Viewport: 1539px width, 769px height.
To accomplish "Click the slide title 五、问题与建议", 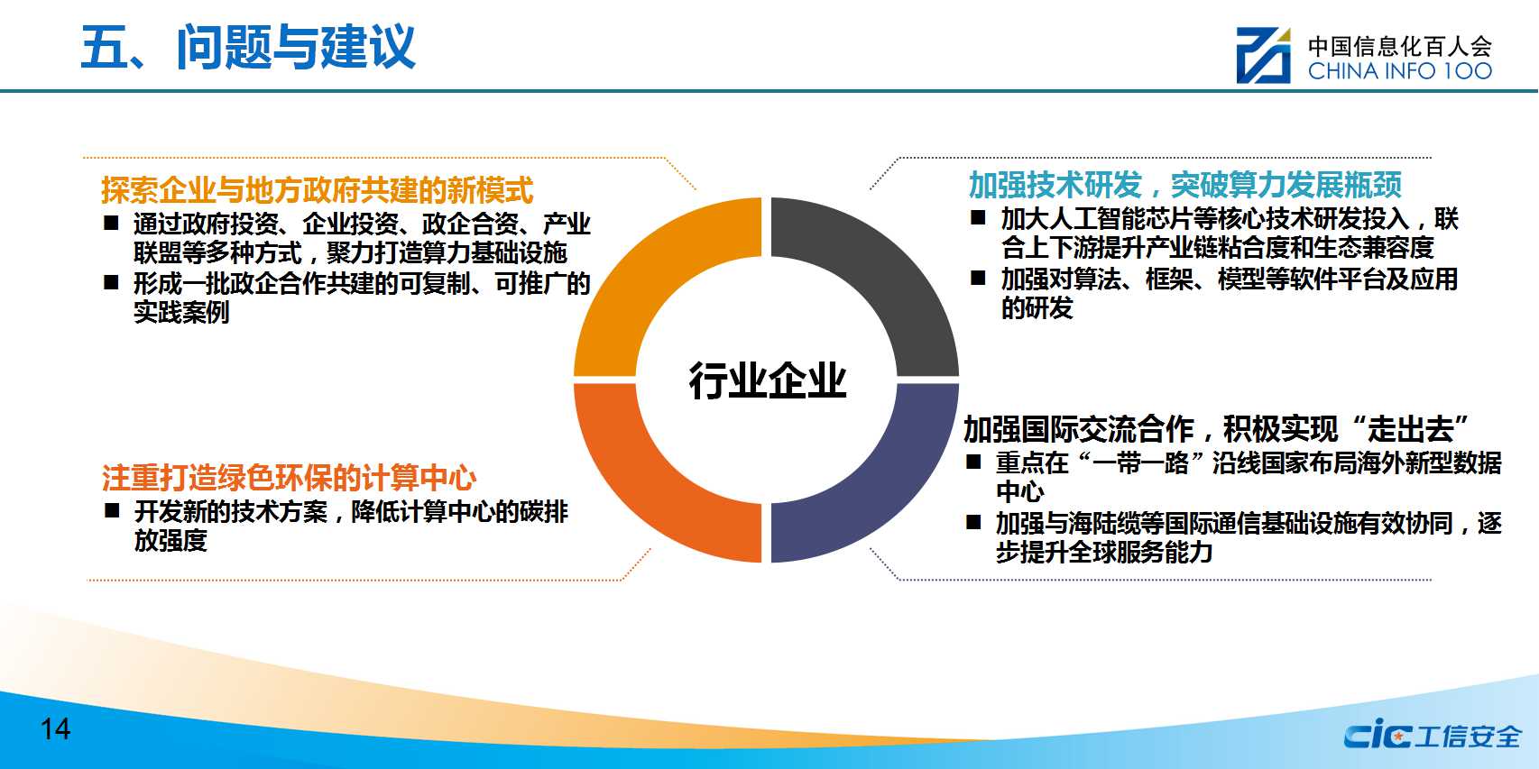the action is click(248, 47).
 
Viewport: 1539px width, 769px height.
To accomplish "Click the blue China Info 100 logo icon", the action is click(1263, 56).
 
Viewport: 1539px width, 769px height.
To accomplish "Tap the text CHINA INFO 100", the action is click(1399, 70).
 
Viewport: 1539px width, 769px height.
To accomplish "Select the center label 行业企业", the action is click(768, 380).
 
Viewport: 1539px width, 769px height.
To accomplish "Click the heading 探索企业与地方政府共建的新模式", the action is click(317, 189).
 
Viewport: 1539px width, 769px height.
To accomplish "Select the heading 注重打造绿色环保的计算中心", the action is click(289, 478).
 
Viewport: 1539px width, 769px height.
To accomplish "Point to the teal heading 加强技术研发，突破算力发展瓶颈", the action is click(1184, 185).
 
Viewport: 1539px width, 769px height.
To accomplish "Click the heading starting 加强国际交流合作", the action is click(1215, 429).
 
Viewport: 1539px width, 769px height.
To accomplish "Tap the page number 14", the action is click(55, 728).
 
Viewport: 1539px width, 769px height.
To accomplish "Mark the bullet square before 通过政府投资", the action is click(111, 223).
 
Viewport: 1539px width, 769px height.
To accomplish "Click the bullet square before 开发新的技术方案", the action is click(112, 510).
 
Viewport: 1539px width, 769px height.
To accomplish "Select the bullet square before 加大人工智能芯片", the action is click(978, 217).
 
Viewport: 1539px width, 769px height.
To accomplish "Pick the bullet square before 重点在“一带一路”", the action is click(972, 462).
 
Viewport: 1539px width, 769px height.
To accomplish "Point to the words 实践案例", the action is click(181, 313).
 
